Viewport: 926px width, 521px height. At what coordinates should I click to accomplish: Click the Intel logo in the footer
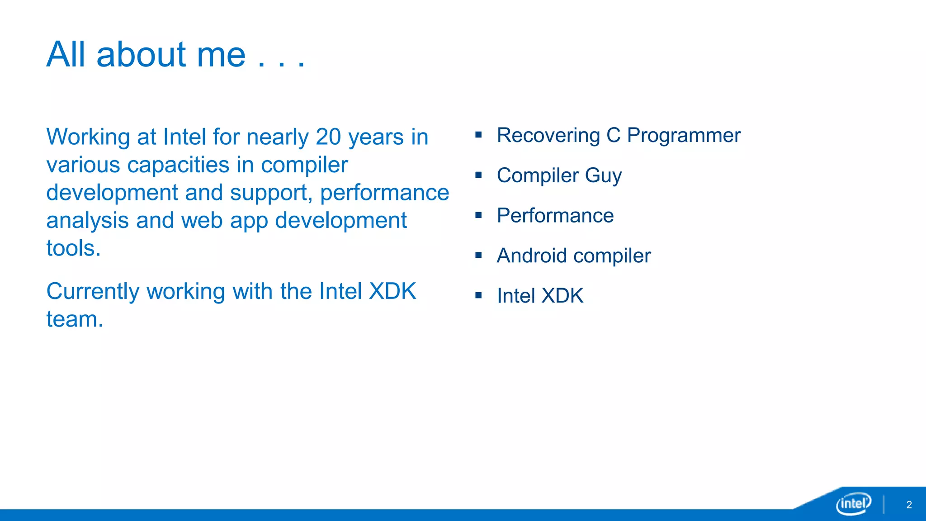tap(853, 503)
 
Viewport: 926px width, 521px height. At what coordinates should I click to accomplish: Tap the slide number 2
tap(909, 505)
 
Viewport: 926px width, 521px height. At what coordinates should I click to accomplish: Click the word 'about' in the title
tap(141, 54)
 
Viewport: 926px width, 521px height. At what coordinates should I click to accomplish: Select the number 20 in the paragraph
tap(328, 137)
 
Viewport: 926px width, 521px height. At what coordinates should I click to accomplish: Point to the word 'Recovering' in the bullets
tap(548, 135)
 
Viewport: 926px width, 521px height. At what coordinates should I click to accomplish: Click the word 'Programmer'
tap(684, 135)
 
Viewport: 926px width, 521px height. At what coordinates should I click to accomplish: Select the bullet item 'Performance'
tap(555, 215)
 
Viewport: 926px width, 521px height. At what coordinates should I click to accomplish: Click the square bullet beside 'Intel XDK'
tap(478, 296)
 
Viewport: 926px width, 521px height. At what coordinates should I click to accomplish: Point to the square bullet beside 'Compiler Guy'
tap(478, 175)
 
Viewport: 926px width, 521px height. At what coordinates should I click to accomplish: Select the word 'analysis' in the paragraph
tap(87, 221)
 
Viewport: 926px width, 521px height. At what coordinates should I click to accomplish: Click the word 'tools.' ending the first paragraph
tap(73, 248)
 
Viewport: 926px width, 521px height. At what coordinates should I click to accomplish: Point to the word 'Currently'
tap(93, 291)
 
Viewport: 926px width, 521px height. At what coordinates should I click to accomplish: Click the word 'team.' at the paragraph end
tap(75, 319)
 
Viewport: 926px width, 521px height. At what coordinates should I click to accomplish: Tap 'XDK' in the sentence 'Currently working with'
tap(392, 291)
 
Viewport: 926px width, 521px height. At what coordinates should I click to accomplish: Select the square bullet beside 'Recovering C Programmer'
tap(478, 135)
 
